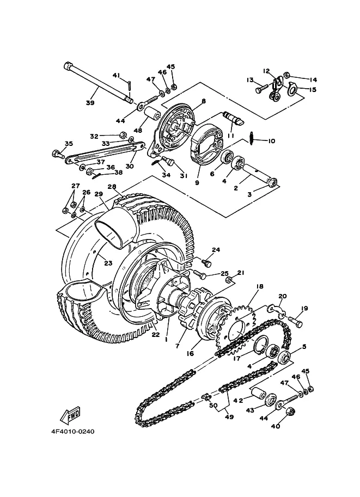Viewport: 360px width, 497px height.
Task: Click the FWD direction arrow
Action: pos(70,415)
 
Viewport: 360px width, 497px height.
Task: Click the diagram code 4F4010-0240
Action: pos(72,431)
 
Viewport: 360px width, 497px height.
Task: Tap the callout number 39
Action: pos(90,103)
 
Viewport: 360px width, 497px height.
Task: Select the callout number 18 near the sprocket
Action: pos(259,286)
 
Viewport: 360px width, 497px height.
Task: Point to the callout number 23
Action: pos(108,263)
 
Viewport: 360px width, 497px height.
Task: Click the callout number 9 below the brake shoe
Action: pos(197,182)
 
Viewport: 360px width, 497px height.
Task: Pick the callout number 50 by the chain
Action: pos(213,406)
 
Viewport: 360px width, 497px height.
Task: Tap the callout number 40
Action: pos(276,426)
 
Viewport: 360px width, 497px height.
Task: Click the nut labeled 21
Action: pos(229,280)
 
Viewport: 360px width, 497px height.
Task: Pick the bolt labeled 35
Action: pos(57,154)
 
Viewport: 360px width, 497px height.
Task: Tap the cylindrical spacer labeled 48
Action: pos(151,113)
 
